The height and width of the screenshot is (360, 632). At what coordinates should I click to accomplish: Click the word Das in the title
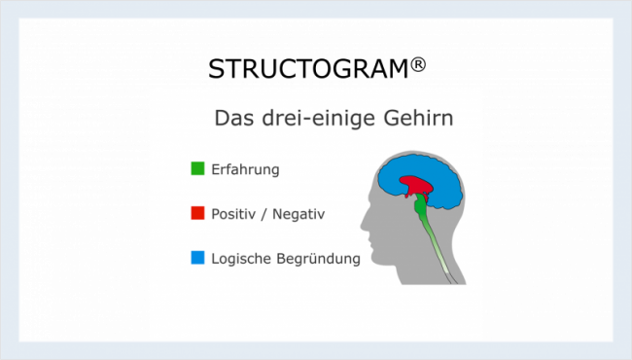[233, 119]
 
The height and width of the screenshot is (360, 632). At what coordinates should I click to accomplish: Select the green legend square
[197, 169]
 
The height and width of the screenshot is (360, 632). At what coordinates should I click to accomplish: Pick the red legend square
[197, 213]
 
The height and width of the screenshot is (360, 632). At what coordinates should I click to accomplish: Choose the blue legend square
[197, 258]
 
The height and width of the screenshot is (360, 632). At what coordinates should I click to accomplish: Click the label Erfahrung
[245, 169]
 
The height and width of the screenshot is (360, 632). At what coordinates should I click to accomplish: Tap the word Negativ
[298, 213]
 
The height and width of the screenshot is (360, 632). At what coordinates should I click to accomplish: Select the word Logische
[243, 259]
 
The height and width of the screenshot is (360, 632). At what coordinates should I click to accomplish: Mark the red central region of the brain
[417, 184]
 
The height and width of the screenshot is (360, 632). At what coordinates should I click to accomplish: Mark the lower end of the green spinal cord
[450, 280]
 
